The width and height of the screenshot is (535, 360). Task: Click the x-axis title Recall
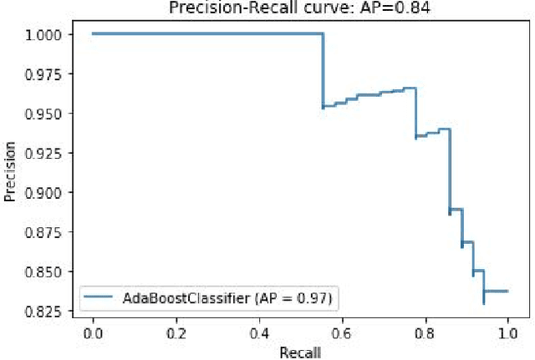pos(300,352)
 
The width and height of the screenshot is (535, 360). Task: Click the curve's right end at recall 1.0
pos(507,292)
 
